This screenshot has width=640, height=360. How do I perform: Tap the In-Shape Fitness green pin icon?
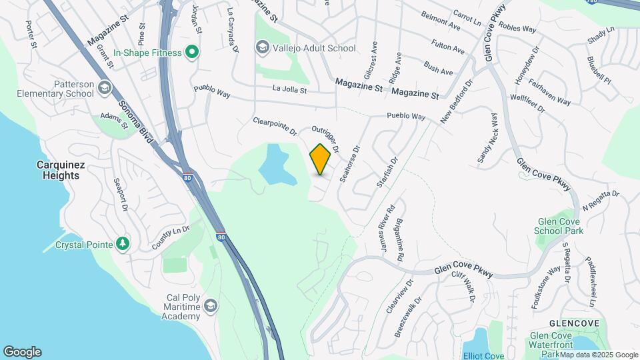[192, 52]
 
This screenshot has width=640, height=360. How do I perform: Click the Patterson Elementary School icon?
[104, 88]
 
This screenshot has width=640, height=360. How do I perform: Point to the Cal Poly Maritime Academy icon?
[211, 306]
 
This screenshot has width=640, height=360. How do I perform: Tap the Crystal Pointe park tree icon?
[122, 244]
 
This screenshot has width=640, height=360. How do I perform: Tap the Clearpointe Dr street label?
[275, 126]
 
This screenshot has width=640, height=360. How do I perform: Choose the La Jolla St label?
[289, 89]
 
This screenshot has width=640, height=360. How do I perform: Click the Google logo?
[22, 352]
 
